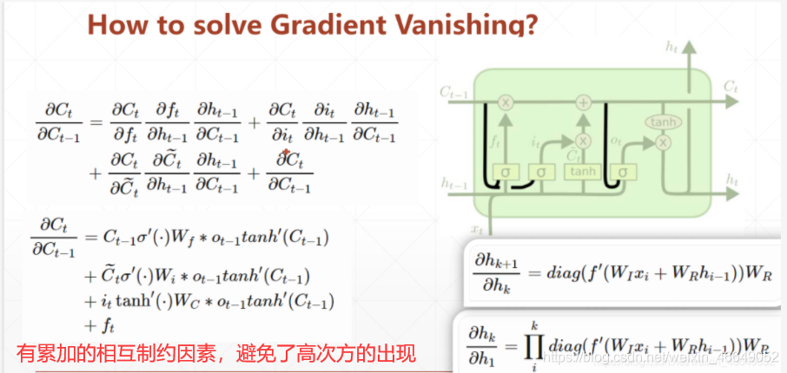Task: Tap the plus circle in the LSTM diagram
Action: click(x=583, y=101)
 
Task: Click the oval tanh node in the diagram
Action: click(x=664, y=123)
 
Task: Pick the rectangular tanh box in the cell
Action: click(x=582, y=172)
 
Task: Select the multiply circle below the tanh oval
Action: click(x=664, y=141)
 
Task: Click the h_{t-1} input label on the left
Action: click(x=452, y=184)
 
